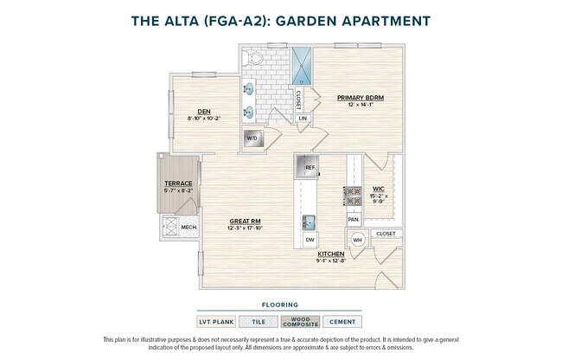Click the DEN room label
(204, 112)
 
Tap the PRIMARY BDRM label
(360, 98)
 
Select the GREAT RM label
(244, 222)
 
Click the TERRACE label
(178, 183)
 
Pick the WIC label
(378, 188)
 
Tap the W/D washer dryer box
(252, 138)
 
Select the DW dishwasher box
(309, 239)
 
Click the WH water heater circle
(357, 240)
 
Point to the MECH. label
(189, 228)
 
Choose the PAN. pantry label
(354, 220)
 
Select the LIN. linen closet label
(303, 118)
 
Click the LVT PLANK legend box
(215, 321)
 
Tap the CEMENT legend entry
(342, 321)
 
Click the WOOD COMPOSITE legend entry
(299, 321)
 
